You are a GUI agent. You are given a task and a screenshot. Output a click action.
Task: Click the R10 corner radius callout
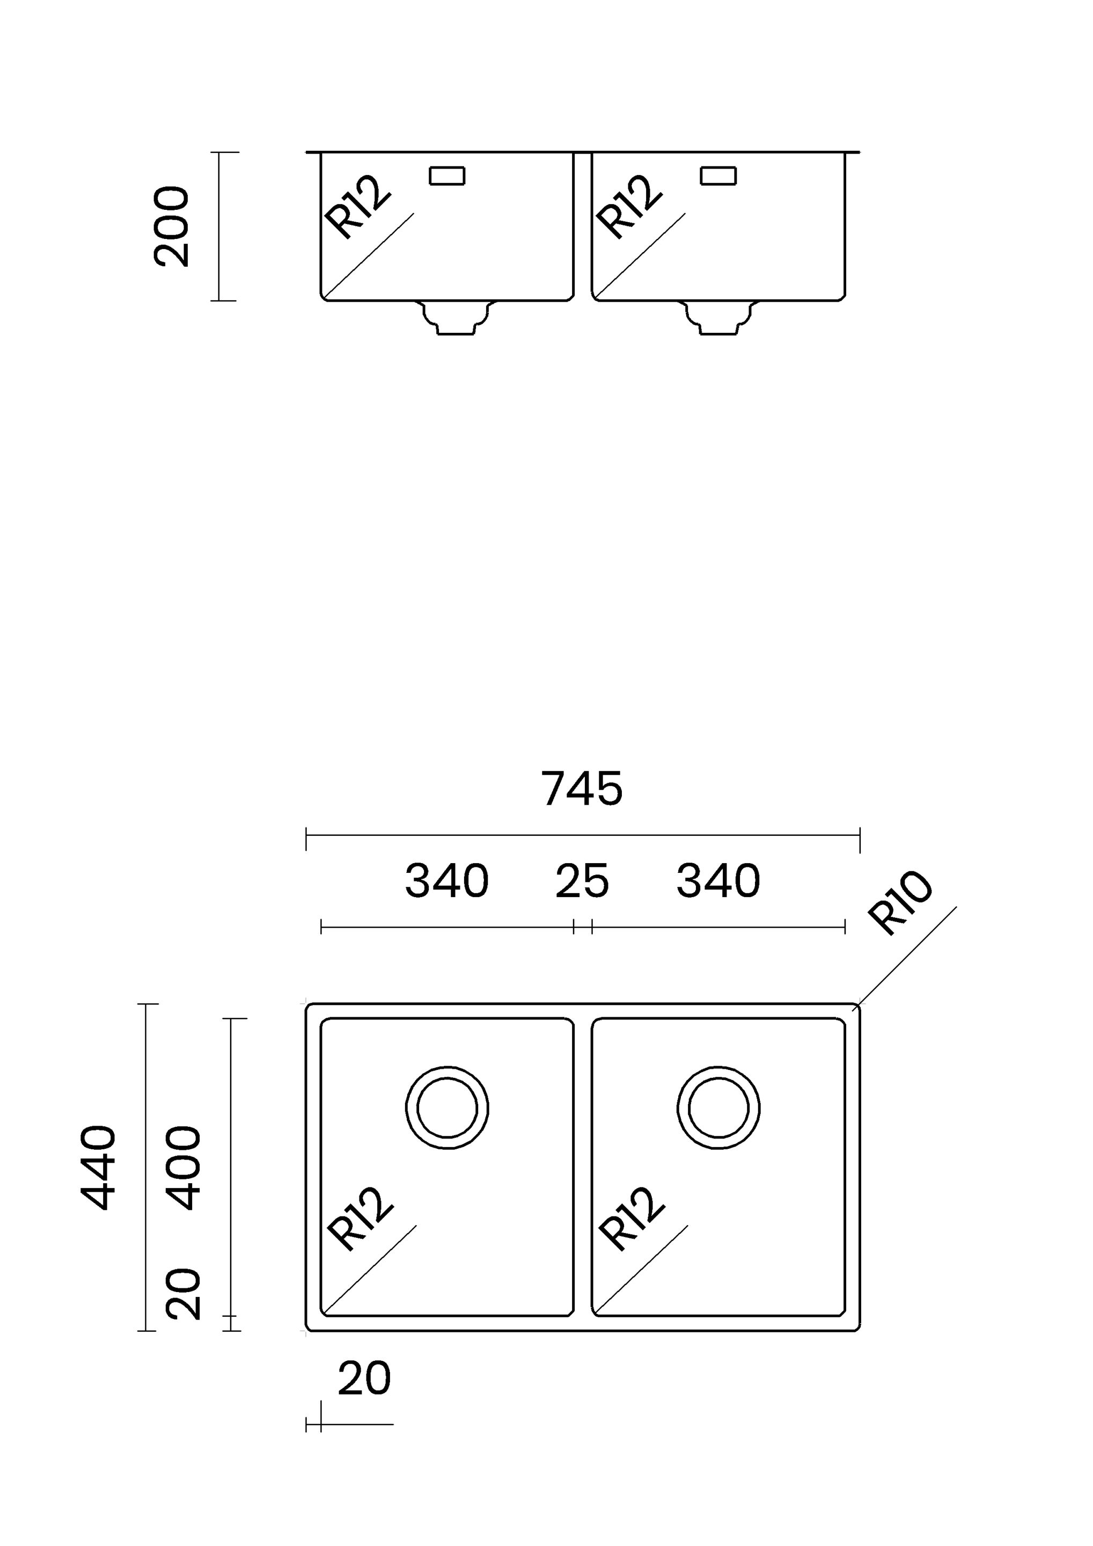[899, 902]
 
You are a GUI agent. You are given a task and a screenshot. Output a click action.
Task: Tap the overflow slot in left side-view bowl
[447, 176]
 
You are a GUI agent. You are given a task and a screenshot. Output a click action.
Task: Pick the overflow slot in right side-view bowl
[718, 176]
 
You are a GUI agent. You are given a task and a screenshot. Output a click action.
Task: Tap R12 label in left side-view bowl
[357, 206]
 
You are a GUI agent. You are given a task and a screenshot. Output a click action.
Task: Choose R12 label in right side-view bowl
[629, 206]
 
